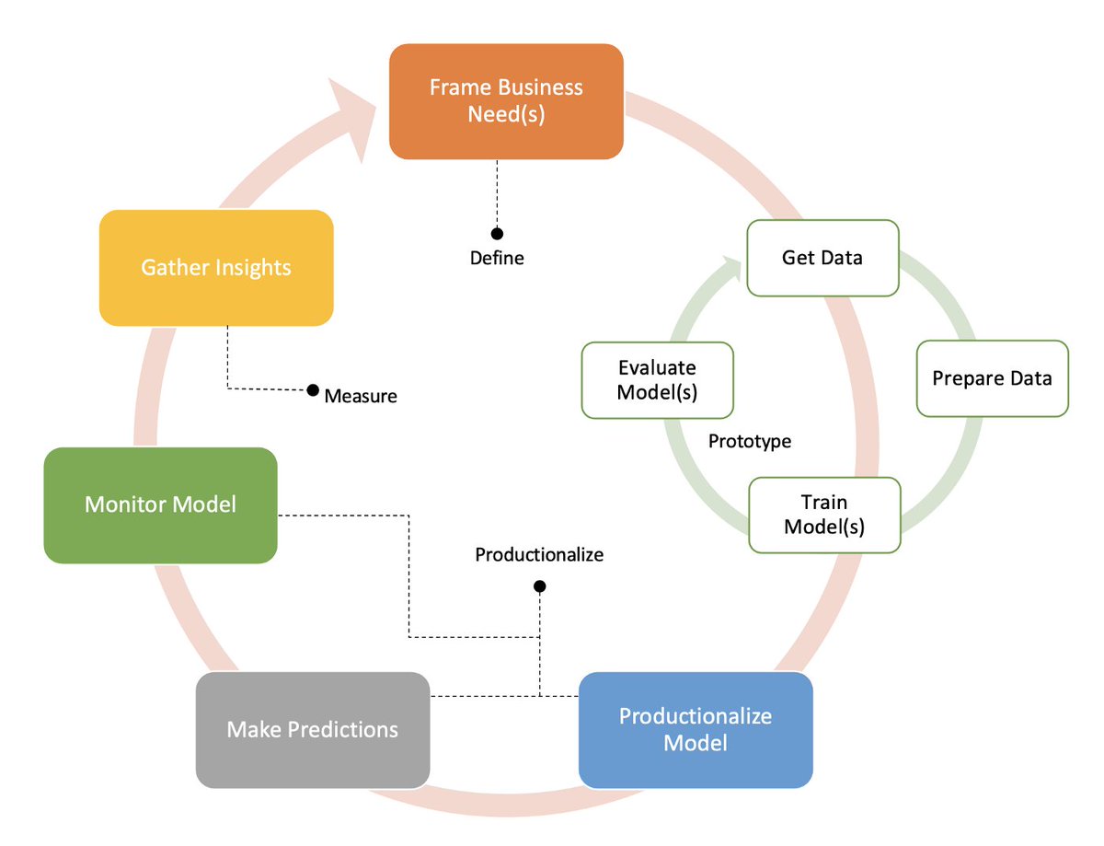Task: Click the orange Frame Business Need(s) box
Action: pyautogui.click(x=506, y=101)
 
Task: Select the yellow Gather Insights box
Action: pyautogui.click(x=215, y=268)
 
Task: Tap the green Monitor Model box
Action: pyautogui.click(x=160, y=504)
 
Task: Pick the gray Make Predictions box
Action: pyautogui.click(x=313, y=729)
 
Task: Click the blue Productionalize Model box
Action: pyautogui.click(x=696, y=729)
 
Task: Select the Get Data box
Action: pyautogui.click(x=822, y=258)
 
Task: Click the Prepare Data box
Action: pyautogui.click(x=992, y=378)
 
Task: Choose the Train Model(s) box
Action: pyautogui.click(x=824, y=515)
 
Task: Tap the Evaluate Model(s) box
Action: pyautogui.click(x=657, y=380)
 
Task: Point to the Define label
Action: pyautogui.click(x=497, y=259)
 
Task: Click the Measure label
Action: pyautogui.click(x=361, y=397)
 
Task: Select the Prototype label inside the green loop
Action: pyautogui.click(x=750, y=442)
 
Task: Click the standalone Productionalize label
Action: pyautogui.click(x=539, y=555)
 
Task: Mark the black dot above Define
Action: pyautogui.click(x=497, y=234)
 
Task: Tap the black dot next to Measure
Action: pyautogui.click(x=313, y=390)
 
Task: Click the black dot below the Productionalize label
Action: pyautogui.click(x=539, y=586)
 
